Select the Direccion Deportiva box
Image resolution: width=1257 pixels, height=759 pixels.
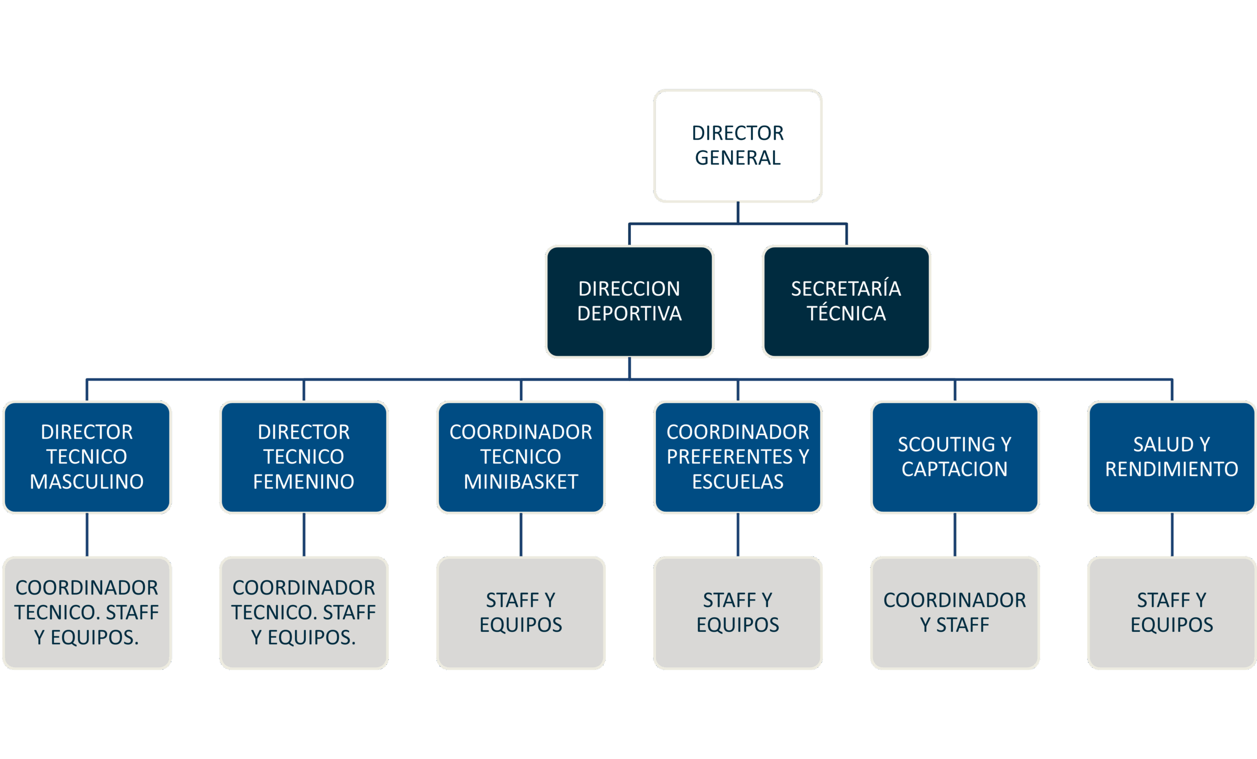click(x=629, y=301)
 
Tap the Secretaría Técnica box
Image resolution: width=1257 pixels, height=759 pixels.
click(x=847, y=301)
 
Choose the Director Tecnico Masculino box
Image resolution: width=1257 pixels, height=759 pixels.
click(x=87, y=457)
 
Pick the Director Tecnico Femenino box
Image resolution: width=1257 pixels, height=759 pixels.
click(x=304, y=457)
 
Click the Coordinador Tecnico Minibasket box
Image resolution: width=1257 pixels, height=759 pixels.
click(x=521, y=457)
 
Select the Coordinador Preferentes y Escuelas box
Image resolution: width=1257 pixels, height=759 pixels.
click(x=738, y=457)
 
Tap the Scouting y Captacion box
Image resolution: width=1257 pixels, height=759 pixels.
click(x=955, y=457)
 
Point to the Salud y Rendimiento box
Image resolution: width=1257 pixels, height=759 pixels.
click(x=1172, y=457)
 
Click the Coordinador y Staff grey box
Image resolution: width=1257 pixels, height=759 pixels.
click(x=955, y=612)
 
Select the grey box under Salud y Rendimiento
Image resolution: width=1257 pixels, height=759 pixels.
click(x=1172, y=612)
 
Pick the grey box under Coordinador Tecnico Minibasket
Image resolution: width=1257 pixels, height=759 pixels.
click(x=521, y=612)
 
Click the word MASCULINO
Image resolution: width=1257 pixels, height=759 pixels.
click(x=87, y=482)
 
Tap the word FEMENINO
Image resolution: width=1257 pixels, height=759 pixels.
click(x=304, y=482)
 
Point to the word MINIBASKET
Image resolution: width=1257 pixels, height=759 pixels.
click(x=521, y=482)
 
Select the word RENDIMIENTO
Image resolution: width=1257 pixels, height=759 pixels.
click(x=1172, y=470)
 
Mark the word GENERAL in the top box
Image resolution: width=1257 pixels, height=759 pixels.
click(x=738, y=158)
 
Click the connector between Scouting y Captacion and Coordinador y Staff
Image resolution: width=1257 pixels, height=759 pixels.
click(x=955, y=535)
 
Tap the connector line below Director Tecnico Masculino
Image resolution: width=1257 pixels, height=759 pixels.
click(x=87, y=535)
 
